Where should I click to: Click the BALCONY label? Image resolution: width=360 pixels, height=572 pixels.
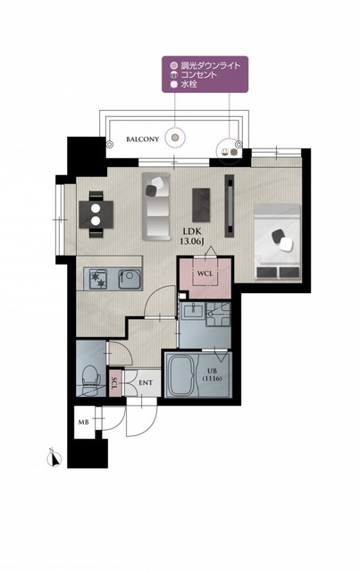click(x=143, y=139)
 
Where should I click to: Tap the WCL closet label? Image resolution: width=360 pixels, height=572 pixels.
click(x=205, y=273)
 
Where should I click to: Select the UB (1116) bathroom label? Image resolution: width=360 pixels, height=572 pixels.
click(x=212, y=375)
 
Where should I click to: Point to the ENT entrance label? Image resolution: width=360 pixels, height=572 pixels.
click(x=146, y=383)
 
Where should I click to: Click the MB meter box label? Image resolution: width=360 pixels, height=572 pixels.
click(x=83, y=423)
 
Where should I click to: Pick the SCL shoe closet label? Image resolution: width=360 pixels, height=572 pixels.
click(x=114, y=383)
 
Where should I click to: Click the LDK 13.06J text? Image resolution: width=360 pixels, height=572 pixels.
click(x=192, y=236)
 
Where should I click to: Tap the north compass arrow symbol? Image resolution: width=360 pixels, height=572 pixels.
click(x=54, y=458)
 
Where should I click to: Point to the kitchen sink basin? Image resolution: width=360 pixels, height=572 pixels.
click(x=130, y=280)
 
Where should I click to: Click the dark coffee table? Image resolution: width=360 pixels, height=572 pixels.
click(x=201, y=205)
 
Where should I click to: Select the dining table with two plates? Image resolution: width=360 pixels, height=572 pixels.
click(x=96, y=214)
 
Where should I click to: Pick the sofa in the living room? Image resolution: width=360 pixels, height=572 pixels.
click(x=156, y=206)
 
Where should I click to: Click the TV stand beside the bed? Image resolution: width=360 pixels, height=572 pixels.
click(x=230, y=206)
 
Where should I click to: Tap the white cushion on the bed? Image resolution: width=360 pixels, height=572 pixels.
click(x=287, y=244)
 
